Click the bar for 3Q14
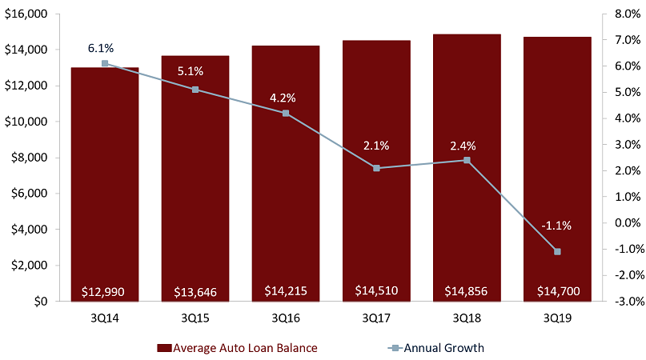(x=105, y=184)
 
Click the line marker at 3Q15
(x=195, y=90)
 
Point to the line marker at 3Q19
(x=557, y=252)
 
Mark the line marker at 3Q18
(x=467, y=160)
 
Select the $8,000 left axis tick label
(x=30, y=158)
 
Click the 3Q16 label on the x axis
(x=286, y=318)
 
